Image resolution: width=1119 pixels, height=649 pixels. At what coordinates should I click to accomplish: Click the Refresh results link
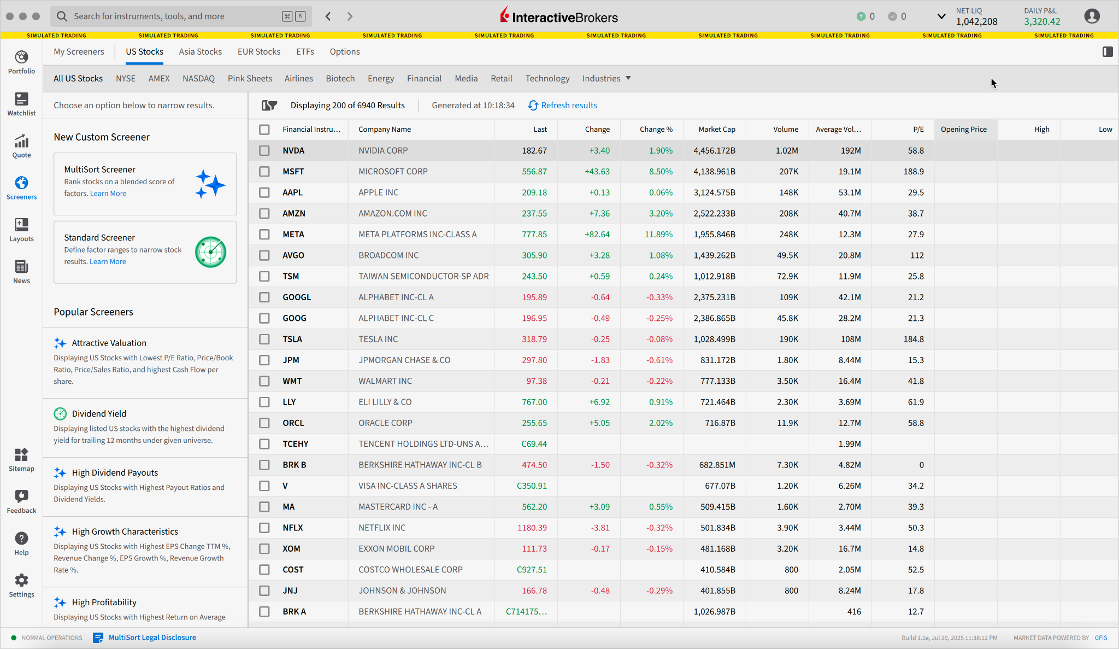568,106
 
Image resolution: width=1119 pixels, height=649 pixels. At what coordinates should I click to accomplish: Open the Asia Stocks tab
200,52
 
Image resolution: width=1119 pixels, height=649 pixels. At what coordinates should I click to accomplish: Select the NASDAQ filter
198,79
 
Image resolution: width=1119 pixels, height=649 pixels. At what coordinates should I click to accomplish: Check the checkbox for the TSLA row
264,340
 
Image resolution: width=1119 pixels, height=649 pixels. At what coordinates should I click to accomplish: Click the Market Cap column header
716,130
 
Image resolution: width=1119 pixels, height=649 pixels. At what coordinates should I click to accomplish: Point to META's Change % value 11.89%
658,235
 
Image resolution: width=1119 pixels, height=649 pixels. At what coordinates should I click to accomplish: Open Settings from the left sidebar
21,586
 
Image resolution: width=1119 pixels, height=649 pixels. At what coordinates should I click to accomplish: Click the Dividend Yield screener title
99,414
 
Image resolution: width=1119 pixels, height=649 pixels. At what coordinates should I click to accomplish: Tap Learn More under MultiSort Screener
108,194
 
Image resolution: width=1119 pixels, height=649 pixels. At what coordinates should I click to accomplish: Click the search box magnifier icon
62,16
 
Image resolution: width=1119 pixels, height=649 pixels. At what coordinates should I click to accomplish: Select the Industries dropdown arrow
628,78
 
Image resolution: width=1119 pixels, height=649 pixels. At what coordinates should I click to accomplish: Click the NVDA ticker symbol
293,151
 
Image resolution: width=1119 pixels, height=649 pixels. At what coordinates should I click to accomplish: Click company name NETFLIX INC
382,528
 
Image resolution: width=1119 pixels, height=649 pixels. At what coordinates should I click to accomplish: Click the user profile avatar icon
1092,16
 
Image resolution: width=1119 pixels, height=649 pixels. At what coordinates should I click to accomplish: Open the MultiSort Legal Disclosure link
152,638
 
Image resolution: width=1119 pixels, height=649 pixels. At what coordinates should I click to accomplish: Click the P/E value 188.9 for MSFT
914,172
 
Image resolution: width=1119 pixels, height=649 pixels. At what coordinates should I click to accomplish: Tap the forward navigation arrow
350,16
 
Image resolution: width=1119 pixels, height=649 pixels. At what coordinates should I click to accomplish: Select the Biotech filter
340,79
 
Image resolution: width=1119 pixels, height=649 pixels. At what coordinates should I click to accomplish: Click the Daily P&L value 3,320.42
1042,22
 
